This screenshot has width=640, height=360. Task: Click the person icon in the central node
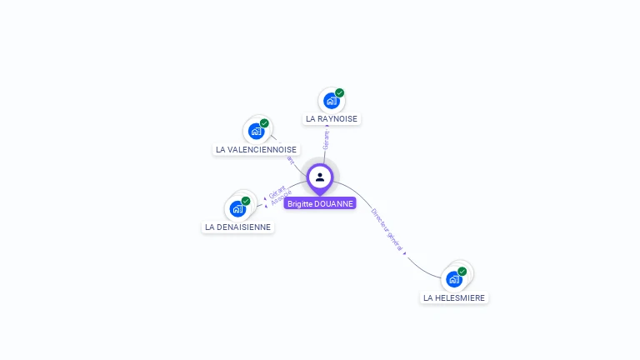tap(320, 177)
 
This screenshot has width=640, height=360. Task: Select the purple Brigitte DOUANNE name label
tap(320, 203)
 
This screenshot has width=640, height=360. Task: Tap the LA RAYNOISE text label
tap(331, 119)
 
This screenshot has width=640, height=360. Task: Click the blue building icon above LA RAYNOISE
tap(331, 101)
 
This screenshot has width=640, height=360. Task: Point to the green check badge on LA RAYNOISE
tap(339, 92)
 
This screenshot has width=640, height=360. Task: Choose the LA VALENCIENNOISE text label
tap(256, 150)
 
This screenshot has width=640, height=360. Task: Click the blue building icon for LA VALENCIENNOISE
tap(256, 131)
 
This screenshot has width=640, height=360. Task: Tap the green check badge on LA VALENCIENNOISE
tap(264, 123)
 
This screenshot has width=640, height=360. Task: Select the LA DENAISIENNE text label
tap(237, 227)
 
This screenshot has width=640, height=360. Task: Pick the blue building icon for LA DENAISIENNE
tap(237, 208)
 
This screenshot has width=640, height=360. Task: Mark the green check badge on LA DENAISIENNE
tap(246, 201)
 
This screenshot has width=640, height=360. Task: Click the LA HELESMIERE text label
tap(453, 297)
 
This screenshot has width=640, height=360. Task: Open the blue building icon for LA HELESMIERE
tap(453, 279)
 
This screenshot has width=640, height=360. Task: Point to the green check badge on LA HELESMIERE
tap(462, 271)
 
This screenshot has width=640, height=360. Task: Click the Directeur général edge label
tap(387, 230)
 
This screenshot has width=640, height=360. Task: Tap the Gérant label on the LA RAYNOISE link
tap(327, 137)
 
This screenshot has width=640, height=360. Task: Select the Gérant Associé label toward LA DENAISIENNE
tap(278, 195)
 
